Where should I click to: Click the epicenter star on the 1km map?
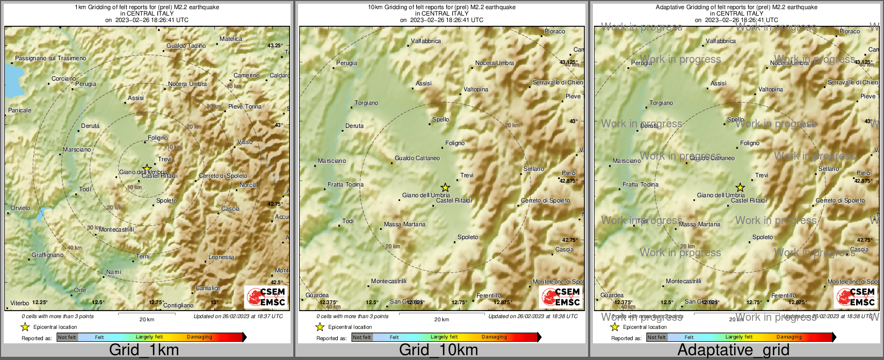(x=147, y=168)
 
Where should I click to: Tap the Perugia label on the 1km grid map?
(x=86, y=84)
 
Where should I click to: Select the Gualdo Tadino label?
(x=186, y=46)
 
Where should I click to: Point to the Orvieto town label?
(x=21, y=208)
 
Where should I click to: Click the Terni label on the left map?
(x=143, y=257)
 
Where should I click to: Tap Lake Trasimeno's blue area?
(x=11, y=78)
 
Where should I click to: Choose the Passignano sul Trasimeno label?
(x=50, y=59)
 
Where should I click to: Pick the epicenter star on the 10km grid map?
(x=445, y=188)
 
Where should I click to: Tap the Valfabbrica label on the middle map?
(x=426, y=41)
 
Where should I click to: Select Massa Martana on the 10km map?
(x=404, y=225)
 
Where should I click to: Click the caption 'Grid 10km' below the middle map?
(x=438, y=350)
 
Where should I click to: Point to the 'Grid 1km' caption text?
(x=144, y=350)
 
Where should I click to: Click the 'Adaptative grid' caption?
(x=733, y=350)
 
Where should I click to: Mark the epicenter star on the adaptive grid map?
(x=740, y=188)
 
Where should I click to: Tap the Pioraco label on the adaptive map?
(x=850, y=32)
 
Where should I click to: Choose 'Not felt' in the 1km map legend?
(x=67, y=337)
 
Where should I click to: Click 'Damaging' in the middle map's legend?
(x=494, y=337)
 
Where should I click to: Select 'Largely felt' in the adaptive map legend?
(x=739, y=337)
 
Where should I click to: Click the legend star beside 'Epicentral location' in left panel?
(x=25, y=327)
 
